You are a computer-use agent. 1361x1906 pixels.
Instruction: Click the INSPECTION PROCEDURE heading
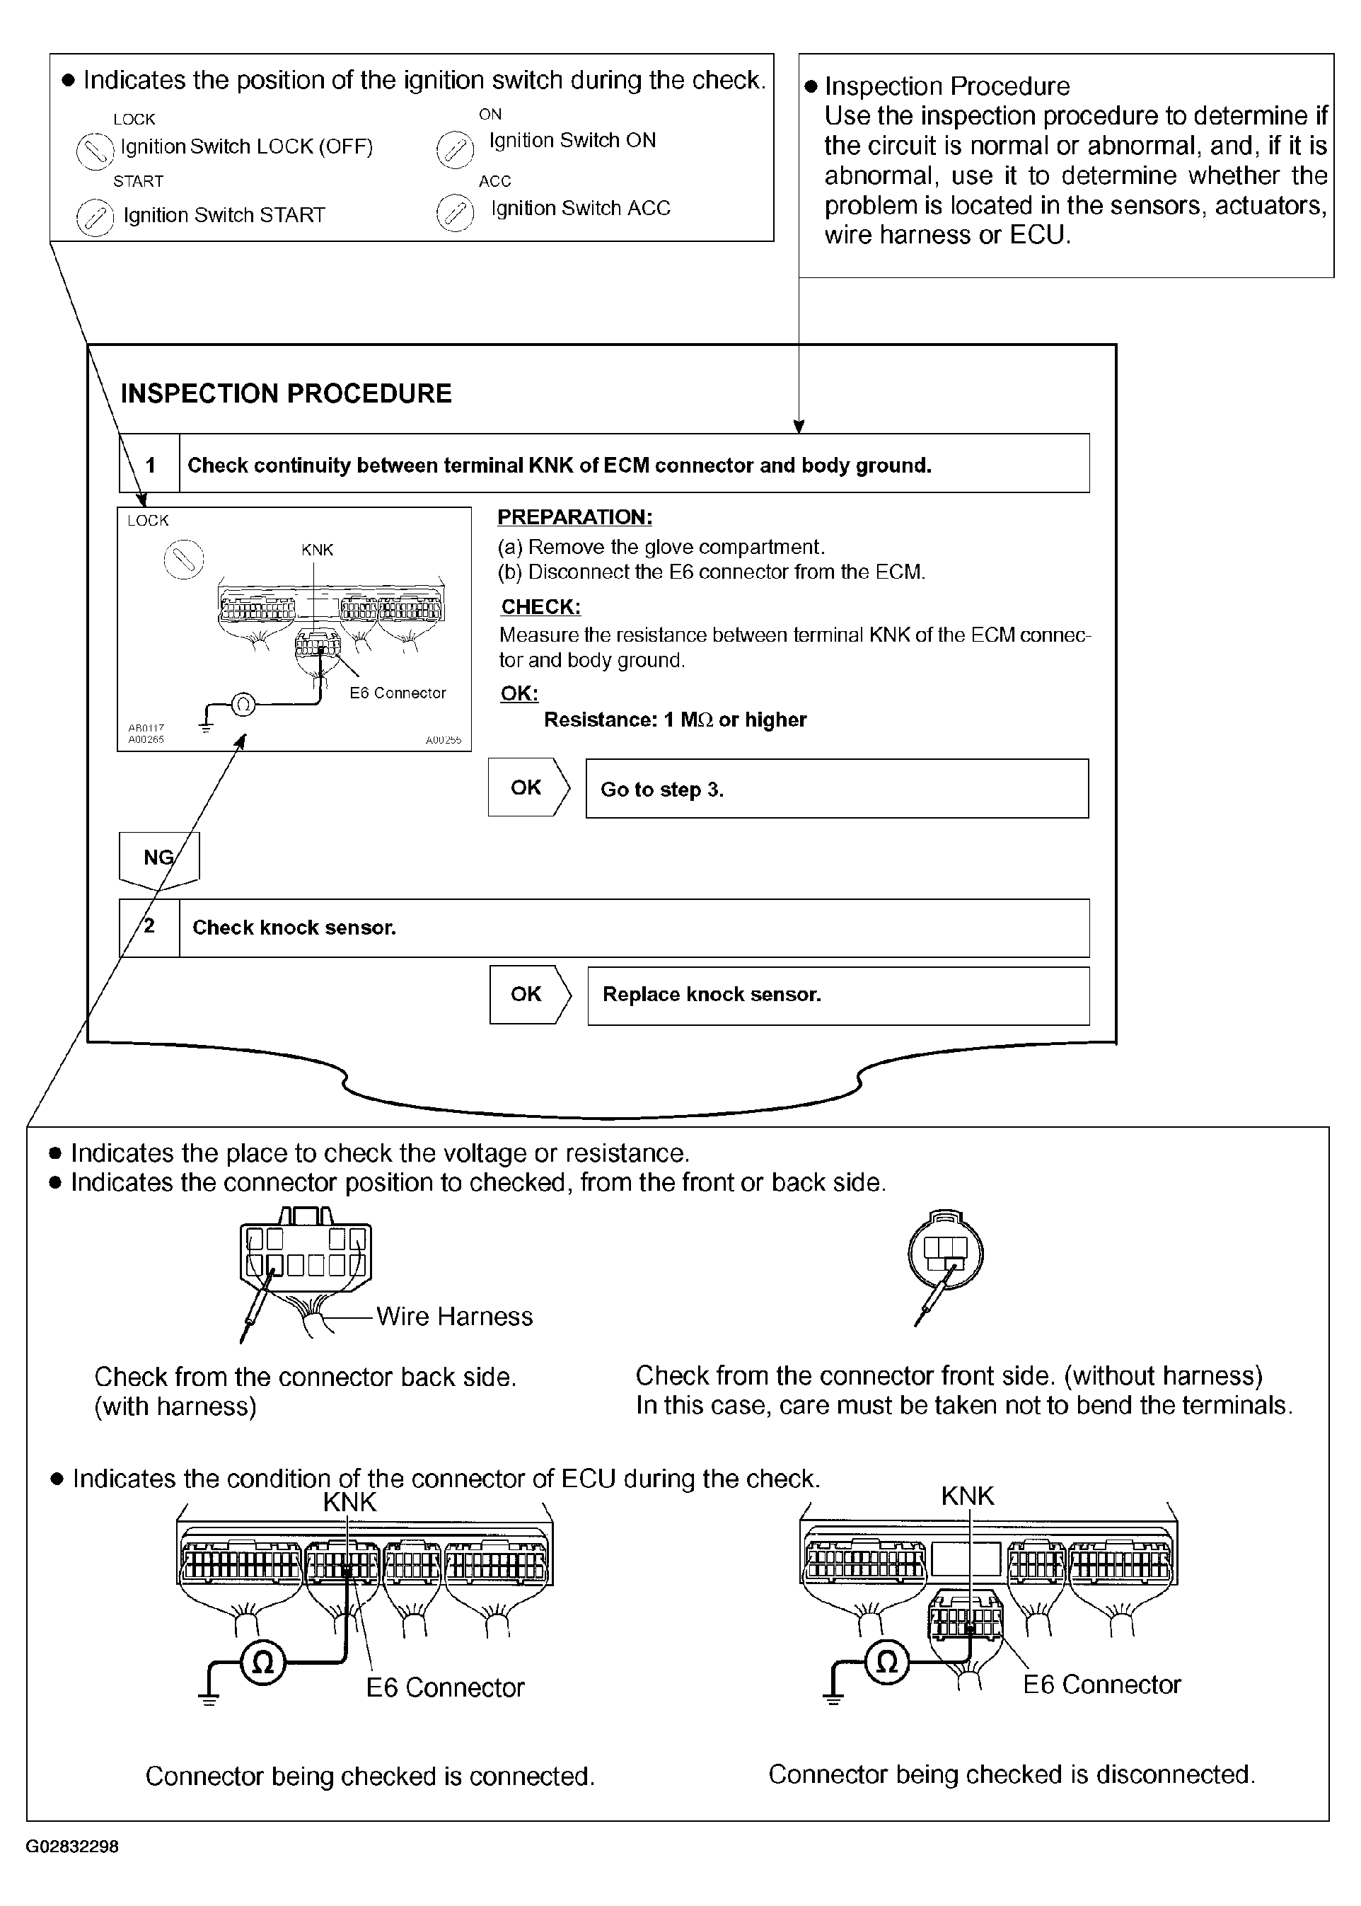pos(286,393)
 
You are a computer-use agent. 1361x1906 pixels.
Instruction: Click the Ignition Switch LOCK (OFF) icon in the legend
pos(95,151)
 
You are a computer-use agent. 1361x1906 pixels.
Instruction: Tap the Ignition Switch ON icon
pos(455,150)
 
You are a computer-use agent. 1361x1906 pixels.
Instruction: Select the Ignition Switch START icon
pos(95,218)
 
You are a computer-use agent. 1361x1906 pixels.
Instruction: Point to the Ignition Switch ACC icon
pos(455,212)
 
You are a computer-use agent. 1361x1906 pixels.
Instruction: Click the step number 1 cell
pos(150,464)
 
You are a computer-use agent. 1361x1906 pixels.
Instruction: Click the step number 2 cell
pos(150,927)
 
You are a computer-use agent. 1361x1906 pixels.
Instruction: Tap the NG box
pos(159,857)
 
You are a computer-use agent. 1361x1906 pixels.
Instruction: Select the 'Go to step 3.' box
pos(836,789)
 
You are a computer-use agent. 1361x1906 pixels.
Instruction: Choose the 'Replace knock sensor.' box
pos(838,995)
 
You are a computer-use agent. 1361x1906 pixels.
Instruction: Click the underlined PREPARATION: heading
pos(575,517)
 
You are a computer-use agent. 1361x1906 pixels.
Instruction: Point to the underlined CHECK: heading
pos(540,607)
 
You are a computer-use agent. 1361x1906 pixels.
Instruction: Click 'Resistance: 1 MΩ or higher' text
pos(675,720)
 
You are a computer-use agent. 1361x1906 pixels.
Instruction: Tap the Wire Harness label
pos(454,1317)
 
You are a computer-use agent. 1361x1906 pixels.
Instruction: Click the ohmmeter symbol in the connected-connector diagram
pos(263,1663)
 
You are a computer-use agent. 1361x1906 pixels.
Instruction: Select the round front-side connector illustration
pos(945,1254)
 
